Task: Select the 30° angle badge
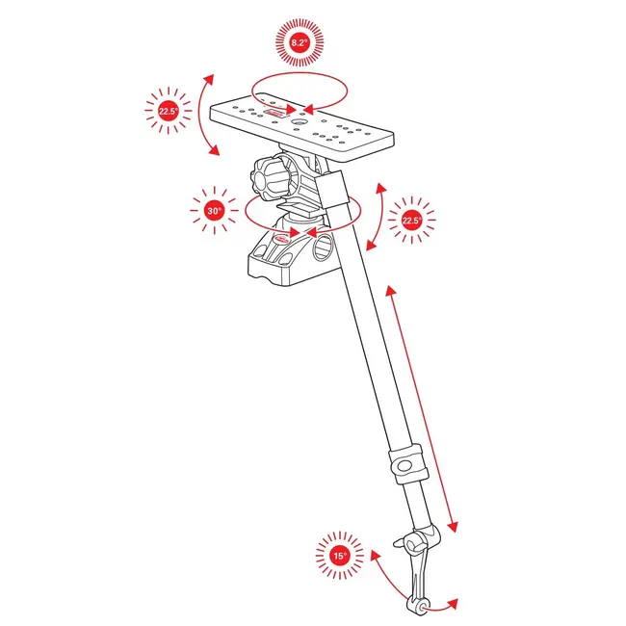(x=214, y=209)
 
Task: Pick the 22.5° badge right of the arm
(x=411, y=221)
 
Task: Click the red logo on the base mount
(x=284, y=237)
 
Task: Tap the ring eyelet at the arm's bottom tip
(x=418, y=605)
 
